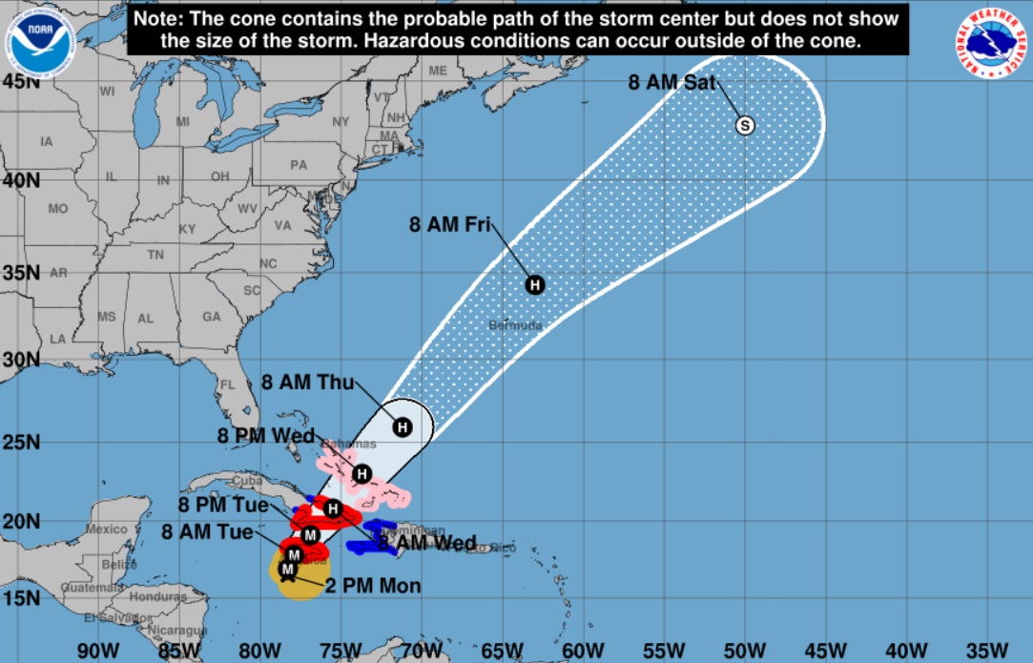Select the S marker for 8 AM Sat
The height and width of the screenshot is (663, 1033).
[744, 125]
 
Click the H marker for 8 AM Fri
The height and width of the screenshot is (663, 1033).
[535, 284]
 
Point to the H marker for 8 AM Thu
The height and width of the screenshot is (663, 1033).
[403, 426]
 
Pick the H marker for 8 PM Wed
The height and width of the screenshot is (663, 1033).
[362, 473]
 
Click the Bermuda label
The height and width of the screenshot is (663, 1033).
[515, 325]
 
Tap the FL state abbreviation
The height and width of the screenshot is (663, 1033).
[228, 385]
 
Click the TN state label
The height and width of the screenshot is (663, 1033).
[155, 255]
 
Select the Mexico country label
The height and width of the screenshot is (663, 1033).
[106, 528]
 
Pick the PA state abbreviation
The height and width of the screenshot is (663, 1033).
[299, 164]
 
